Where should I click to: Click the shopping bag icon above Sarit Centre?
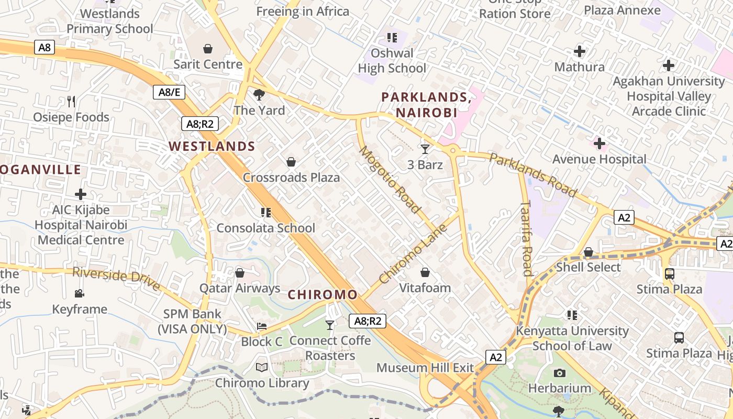coord(208,49)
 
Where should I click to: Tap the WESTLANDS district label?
coord(212,147)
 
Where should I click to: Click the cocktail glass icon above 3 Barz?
coord(425,149)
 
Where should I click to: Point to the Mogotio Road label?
coord(390,180)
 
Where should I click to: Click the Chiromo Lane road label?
coord(413,254)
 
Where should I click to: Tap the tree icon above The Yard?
coord(259,95)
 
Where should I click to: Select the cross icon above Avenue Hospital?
coord(599,144)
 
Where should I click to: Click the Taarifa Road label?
coord(526,238)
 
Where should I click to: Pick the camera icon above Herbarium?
coord(560,373)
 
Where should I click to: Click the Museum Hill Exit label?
coord(425,368)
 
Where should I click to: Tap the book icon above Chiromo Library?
coord(262,368)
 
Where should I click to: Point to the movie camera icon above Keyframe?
coord(80,293)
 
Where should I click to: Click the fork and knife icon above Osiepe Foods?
coord(71,101)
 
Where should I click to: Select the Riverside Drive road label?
coord(116,279)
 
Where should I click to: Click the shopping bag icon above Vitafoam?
coord(425,272)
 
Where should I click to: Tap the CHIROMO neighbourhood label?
coord(323,295)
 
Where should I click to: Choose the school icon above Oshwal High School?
coord(392,38)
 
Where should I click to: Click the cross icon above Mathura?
coord(579,51)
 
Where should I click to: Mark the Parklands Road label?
coord(532,175)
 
